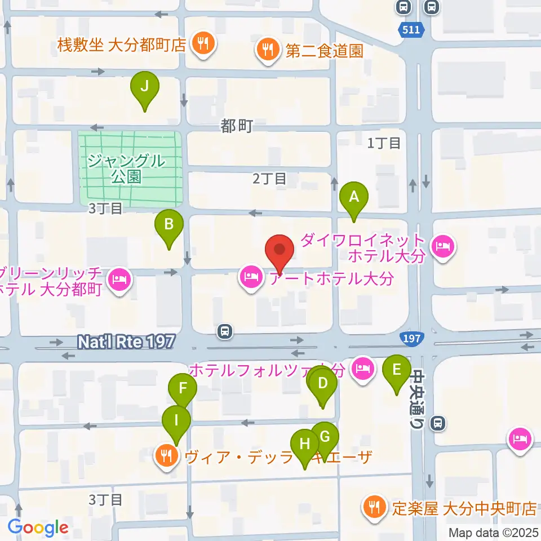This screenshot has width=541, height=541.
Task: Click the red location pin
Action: (280, 251)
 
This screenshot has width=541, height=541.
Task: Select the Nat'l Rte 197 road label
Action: (126, 341)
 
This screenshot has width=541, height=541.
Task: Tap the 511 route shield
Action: (411, 30)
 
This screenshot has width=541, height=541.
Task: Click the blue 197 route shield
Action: (411, 338)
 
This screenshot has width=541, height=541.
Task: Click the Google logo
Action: (38, 527)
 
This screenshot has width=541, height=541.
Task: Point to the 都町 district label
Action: (237, 126)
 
